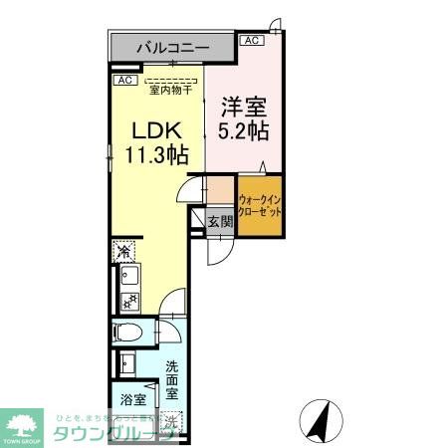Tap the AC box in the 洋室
pos(251,41)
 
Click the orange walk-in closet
pos(260,205)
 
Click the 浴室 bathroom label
pos(132,399)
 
